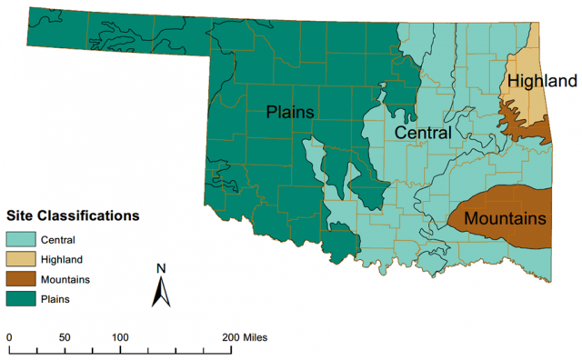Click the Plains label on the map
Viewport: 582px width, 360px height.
click(290, 112)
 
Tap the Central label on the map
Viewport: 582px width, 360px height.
click(422, 133)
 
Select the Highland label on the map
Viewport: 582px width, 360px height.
click(542, 81)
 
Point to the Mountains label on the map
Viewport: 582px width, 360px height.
click(505, 218)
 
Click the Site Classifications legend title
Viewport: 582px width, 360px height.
click(73, 216)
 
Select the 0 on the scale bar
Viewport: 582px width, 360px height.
click(9, 337)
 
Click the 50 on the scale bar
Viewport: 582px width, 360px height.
click(64, 337)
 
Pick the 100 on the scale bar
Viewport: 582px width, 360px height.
click(120, 337)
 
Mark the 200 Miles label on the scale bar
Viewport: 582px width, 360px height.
click(242, 337)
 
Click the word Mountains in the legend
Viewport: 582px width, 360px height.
click(64, 278)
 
